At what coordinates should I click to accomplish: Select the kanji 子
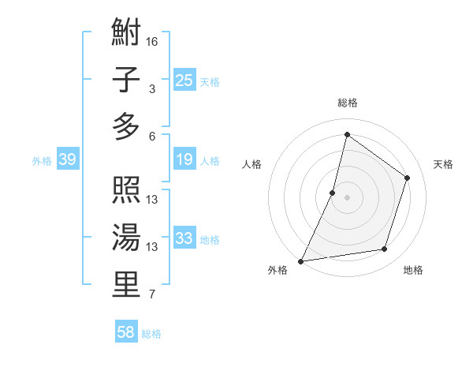click(x=126, y=81)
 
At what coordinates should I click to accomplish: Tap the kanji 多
click(x=126, y=127)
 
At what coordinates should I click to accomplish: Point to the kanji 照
click(x=126, y=192)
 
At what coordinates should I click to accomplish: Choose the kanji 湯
click(x=126, y=238)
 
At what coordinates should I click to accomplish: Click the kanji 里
click(x=126, y=284)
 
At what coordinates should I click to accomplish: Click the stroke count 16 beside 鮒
click(x=152, y=41)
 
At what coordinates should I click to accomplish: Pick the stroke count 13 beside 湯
click(x=152, y=247)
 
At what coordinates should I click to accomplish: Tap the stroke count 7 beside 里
click(x=152, y=294)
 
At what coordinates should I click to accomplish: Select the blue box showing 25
click(x=184, y=80)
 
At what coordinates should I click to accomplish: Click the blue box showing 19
click(x=184, y=160)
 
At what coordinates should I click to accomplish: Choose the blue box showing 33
click(x=184, y=238)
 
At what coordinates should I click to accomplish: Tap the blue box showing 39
click(x=67, y=160)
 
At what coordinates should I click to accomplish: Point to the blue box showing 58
click(x=125, y=332)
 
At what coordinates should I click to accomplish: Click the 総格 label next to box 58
click(x=152, y=334)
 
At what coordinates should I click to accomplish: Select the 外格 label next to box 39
click(x=42, y=161)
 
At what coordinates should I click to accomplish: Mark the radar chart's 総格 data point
click(x=347, y=135)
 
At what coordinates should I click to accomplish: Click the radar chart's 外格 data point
click(x=301, y=260)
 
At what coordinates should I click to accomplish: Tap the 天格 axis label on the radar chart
click(x=443, y=164)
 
